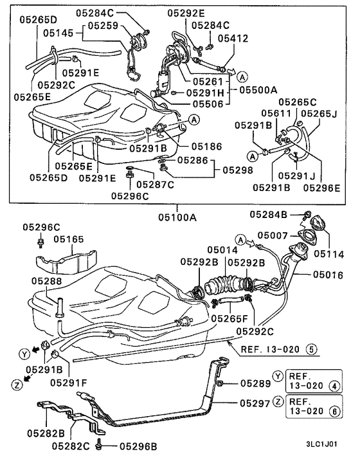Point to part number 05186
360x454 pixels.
click(206, 147)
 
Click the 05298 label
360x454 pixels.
click(239, 170)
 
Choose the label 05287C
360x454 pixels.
click(157, 184)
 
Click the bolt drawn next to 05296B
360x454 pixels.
click(98, 445)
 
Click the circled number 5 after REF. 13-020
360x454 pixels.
click(311, 350)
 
